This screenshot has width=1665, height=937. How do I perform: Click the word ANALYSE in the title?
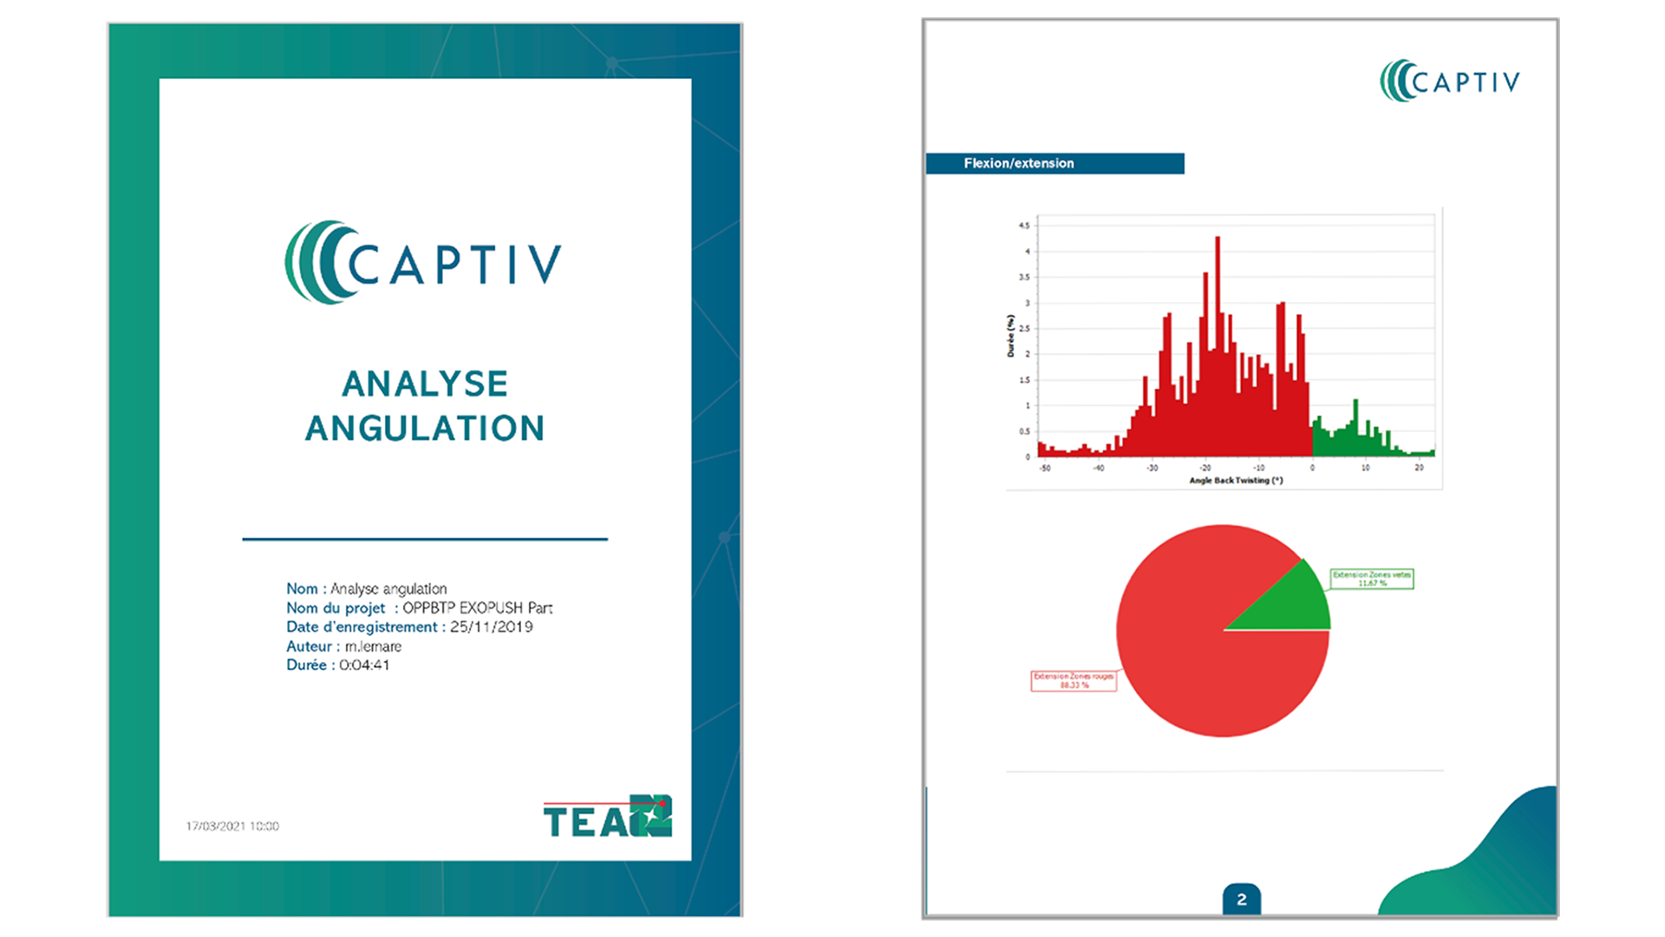pos(424,383)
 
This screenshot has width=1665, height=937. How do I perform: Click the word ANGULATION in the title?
pos(424,428)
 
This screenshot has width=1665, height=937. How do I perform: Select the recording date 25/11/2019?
pos(491,626)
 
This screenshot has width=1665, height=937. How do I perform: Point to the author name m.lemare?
pos(373,646)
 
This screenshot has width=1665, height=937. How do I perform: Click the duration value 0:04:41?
pos(364,665)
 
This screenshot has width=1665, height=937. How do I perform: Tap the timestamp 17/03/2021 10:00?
pos(232,826)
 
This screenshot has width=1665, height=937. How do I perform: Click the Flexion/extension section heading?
pos(1019,163)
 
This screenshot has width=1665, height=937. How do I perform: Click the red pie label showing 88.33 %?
pos(1074,681)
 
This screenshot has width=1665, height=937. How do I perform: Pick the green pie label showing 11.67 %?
pos(1372,579)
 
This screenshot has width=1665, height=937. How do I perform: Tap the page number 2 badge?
pos(1242,900)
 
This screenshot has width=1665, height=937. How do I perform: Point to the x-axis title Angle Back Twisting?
pos(1236,480)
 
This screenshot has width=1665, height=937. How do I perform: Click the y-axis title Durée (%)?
pos(1010,336)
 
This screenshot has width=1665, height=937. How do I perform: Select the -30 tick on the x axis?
pos(1152,468)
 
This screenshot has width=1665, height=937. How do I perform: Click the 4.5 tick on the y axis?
pos(1024,226)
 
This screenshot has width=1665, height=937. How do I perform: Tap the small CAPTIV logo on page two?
pos(1449,82)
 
